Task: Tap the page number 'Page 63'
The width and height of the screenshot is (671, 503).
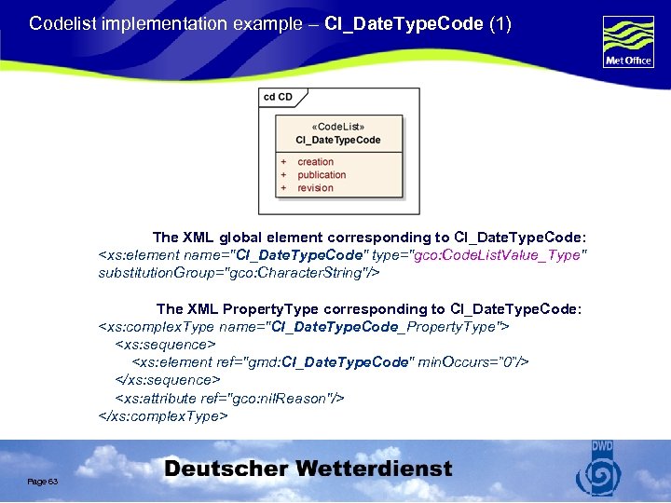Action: point(43,482)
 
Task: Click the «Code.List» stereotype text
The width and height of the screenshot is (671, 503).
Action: point(337,127)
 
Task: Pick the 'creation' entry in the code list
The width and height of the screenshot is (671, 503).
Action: point(315,162)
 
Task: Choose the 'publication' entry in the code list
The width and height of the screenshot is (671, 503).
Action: point(322,175)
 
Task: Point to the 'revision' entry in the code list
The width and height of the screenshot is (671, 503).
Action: point(315,188)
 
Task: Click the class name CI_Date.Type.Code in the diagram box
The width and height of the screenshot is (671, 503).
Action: point(338,140)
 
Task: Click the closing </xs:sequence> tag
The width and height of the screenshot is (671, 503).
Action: point(167,380)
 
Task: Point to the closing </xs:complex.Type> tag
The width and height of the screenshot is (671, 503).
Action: point(163,415)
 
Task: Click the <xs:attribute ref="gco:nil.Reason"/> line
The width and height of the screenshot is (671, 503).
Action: point(229,398)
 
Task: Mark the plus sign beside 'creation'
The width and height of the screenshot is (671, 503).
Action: point(283,162)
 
